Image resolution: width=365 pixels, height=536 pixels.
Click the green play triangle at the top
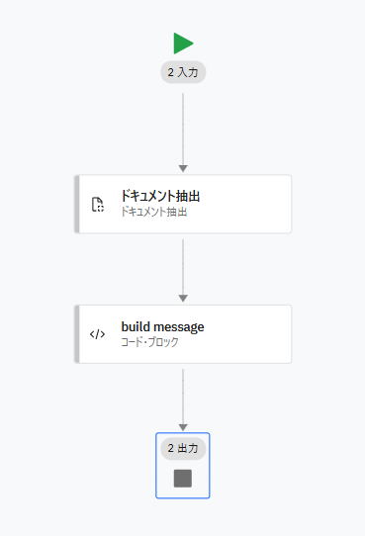pyautogui.click(x=183, y=43)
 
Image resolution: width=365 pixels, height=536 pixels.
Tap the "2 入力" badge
pyautogui.click(x=183, y=72)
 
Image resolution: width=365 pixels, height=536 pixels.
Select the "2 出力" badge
pyautogui.click(x=183, y=448)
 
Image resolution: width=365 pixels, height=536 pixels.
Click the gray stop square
pyautogui.click(x=183, y=479)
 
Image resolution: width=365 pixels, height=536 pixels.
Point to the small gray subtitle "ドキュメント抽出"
pyautogui.click(x=154, y=212)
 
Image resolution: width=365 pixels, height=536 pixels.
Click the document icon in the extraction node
pyautogui.click(x=98, y=205)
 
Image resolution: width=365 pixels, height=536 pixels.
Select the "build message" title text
pyautogui.click(x=162, y=326)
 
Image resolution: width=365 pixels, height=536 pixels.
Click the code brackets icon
pyautogui.click(x=98, y=334)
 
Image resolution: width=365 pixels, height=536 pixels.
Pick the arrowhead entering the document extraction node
pyautogui.click(x=183, y=168)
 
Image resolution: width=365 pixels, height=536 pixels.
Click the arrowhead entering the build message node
pyautogui.click(x=183, y=299)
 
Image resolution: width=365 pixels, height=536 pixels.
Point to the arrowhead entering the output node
pyautogui.click(x=183, y=427)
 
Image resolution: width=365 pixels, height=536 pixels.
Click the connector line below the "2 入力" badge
pyautogui.click(x=183, y=124)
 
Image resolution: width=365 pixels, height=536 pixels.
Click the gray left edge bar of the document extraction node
pyautogui.click(x=77, y=205)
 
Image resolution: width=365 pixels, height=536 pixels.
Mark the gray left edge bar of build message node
pyautogui.click(x=77, y=334)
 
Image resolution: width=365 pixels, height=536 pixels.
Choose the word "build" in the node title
pyautogui.click(x=136, y=326)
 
